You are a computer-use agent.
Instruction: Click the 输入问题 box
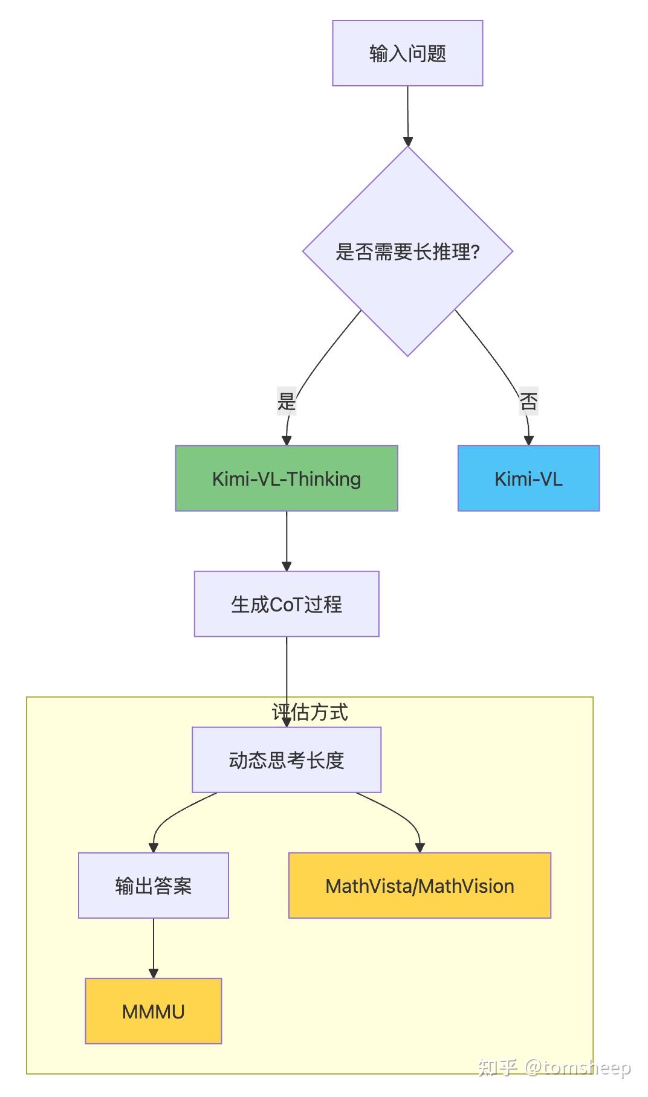[x=407, y=53]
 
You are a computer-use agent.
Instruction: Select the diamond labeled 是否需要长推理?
[x=407, y=251]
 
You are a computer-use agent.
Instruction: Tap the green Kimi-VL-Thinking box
[x=286, y=478]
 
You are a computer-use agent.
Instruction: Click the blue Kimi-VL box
[x=528, y=478]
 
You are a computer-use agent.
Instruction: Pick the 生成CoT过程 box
[x=286, y=604]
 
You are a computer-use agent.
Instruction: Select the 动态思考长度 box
[x=286, y=760]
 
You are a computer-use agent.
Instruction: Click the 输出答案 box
[x=153, y=886]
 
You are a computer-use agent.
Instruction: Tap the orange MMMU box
[x=153, y=1011]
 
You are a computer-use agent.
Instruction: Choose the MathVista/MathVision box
[x=420, y=886]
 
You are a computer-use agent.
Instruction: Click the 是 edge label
[x=286, y=401]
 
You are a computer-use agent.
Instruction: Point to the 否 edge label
[x=528, y=401]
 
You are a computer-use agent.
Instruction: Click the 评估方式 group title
[x=309, y=712]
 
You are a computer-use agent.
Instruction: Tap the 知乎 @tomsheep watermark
[x=554, y=1067]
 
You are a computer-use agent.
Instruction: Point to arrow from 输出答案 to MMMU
[x=154, y=947]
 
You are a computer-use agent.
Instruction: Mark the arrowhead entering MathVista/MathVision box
[x=420, y=848]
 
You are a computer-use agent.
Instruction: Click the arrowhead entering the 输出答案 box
[x=154, y=848]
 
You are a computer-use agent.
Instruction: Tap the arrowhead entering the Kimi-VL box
[x=529, y=440]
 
